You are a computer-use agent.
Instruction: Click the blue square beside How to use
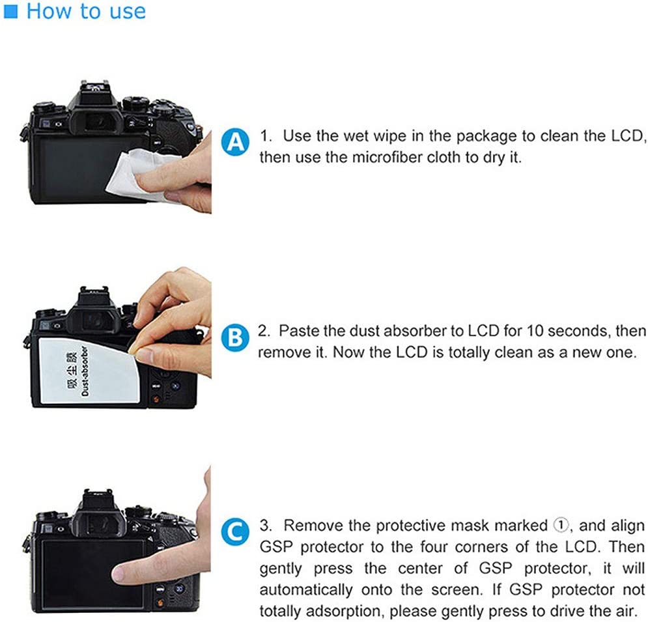pyautogui.click(x=10, y=11)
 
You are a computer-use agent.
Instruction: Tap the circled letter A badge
pyautogui.click(x=235, y=142)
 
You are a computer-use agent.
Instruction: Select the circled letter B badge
pyautogui.click(x=234, y=337)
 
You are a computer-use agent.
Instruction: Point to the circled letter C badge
pyautogui.click(x=234, y=531)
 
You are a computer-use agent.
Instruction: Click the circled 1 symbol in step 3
pyautogui.click(x=561, y=526)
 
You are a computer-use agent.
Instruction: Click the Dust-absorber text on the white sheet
pyautogui.click(x=85, y=371)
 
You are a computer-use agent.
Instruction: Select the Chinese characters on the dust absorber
pyautogui.click(x=72, y=371)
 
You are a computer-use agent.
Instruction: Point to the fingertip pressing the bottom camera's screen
pyautogui.click(x=120, y=573)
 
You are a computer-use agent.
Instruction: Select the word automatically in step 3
pyautogui.click(x=306, y=590)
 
